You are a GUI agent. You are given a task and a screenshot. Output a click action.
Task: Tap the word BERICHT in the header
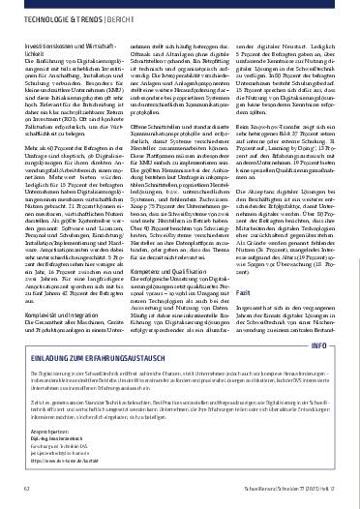pyautogui.click(x=138, y=19)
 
